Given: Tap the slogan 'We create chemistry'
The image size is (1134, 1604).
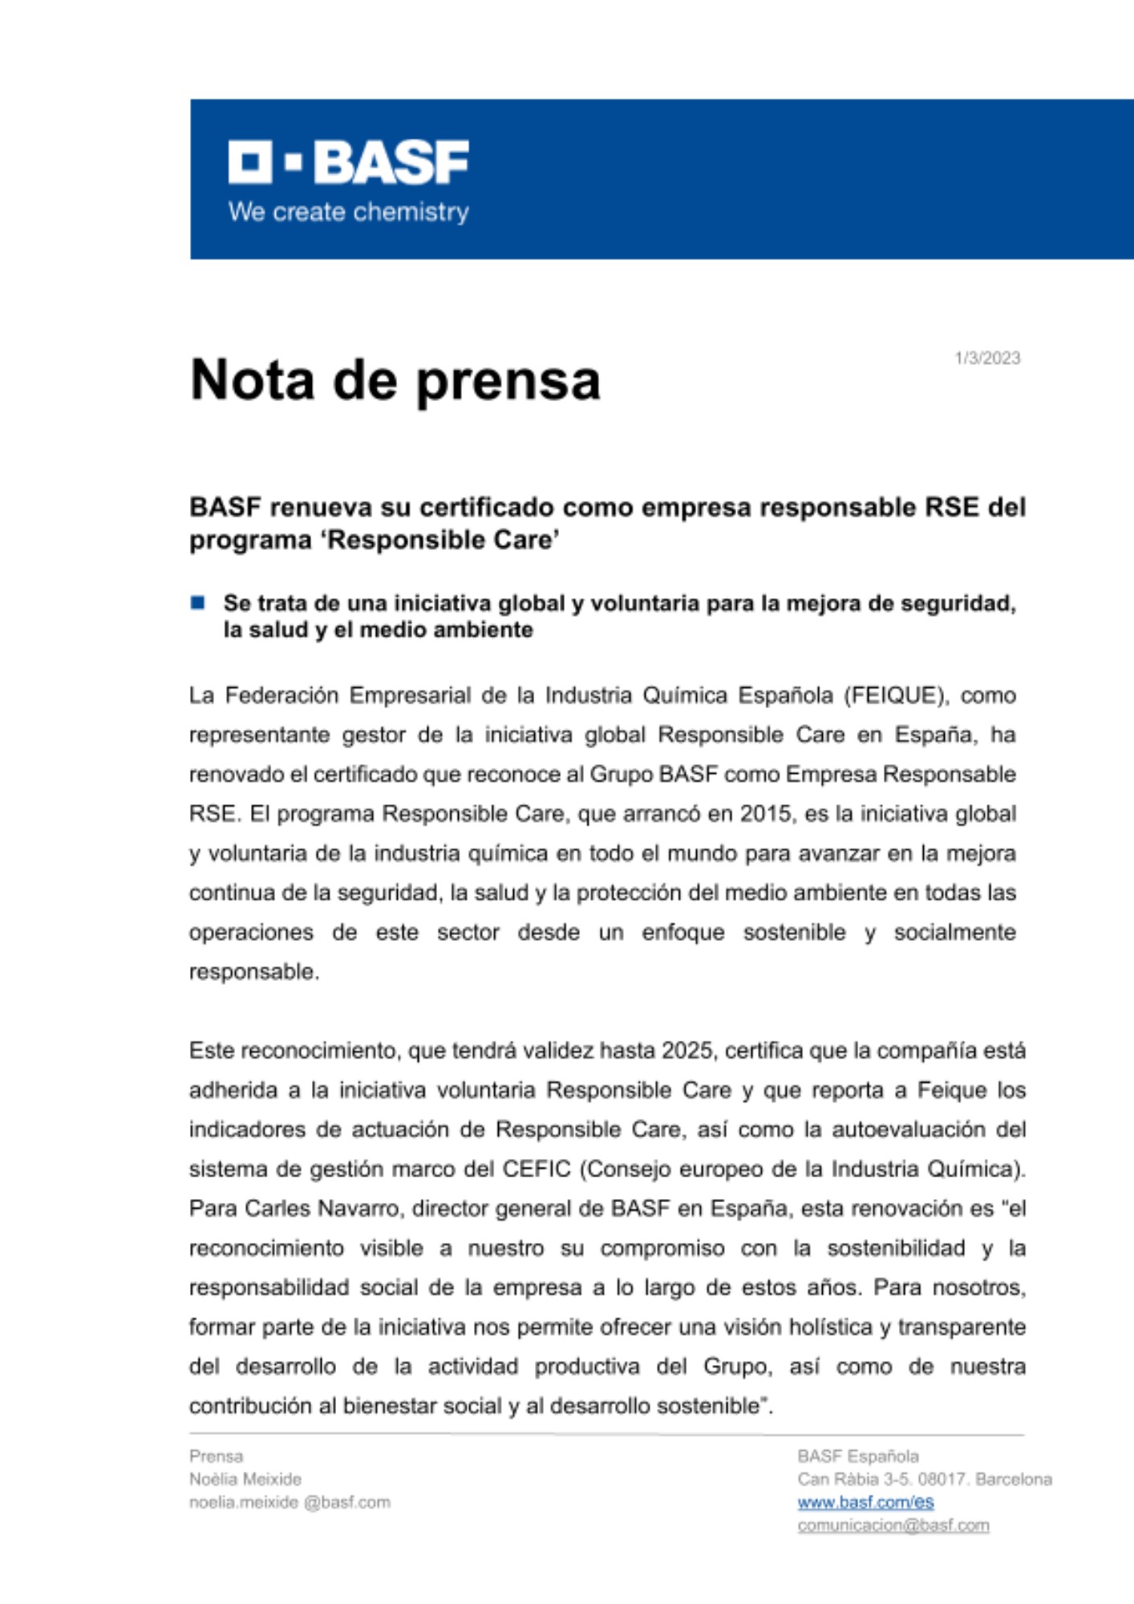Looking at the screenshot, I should pos(349,212).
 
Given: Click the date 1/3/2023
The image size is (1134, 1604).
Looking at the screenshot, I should pos(987,358).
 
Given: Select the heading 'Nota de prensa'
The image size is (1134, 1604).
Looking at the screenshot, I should pos(395,379).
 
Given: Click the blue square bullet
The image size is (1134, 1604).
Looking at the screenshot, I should pos(197,602).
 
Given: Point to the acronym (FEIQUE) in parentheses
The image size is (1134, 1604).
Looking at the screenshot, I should pos(896,695).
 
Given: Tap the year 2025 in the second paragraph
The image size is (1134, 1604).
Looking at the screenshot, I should pos(687,1051).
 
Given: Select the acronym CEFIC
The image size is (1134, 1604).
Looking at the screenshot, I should pos(537,1169).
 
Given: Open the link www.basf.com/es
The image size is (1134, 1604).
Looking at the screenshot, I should pos(865,1502).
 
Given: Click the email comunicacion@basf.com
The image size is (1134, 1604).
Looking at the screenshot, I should pos(893,1525).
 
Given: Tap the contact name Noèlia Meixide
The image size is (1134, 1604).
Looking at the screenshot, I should pos(245,1479).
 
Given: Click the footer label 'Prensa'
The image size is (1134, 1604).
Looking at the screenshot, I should pos(216,1456).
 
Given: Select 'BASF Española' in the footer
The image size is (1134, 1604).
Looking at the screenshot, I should pos(858,1456).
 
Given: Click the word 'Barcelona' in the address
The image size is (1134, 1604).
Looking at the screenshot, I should pos(1015,1479).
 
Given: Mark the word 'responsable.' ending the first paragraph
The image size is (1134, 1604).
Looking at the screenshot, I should pos(254,972).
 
